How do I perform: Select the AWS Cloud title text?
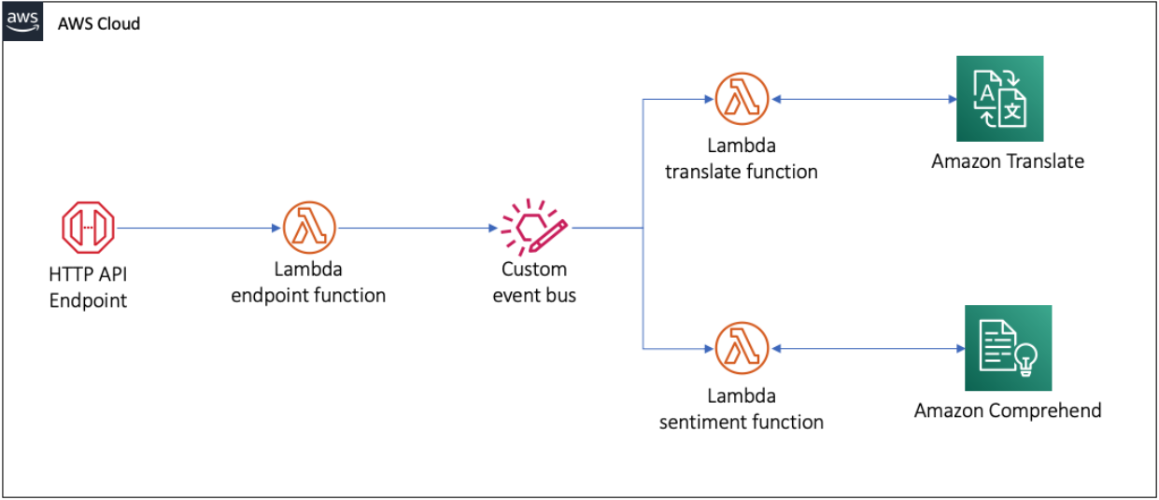tap(99, 23)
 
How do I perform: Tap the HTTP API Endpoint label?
tap(88, 287)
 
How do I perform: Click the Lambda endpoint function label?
tap(308, 283)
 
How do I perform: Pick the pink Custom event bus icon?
tap(533, 227)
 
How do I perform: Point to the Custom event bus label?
tap(534, 283)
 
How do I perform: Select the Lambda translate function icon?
tap(742, 98)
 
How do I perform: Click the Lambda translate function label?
tap(741, 159)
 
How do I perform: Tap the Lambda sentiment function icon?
tap(742, 348)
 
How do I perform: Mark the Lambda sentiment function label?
tap(742, 409)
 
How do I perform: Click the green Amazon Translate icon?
tap(999, 99)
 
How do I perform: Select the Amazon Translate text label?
tap(1008, 161)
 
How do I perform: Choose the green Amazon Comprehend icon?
tap(1008, 348)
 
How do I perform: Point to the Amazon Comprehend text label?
tap(1008, 410)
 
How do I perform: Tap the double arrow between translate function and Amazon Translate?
tap(864, 98)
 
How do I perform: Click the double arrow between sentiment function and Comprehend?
tap(869, 348)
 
